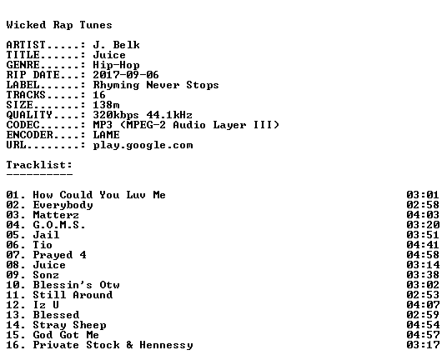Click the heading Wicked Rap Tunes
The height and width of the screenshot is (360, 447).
coord(59,25)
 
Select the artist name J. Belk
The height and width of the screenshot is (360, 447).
coord(116,45)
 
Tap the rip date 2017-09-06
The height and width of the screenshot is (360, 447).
coord(126,75)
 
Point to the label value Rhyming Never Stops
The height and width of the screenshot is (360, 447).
coord(156,85)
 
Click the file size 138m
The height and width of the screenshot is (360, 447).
coord(107,105)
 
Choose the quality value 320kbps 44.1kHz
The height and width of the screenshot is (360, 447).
coord(143,115)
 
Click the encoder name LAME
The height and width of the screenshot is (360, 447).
coord(107,135)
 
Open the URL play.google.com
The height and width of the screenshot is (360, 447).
coord(143,145)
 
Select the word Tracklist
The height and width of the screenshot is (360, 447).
coord(38,165)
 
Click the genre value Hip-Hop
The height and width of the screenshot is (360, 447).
coord(116,65)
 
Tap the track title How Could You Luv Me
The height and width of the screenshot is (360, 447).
coord(99,195)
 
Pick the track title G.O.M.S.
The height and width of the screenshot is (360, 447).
coord(59,225)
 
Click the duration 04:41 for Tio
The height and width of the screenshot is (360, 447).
coord(423,245)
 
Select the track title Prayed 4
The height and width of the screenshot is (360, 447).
coord(59,255)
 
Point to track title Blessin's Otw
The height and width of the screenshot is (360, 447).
coord(77,285)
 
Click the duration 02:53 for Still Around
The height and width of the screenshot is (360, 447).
coord(423,295)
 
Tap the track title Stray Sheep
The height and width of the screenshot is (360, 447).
coord(69,325)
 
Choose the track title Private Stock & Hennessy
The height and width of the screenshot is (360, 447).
coord(113,345)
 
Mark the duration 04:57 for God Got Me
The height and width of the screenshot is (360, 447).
coord(423,335)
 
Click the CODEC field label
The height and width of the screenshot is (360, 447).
coord(23,125)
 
